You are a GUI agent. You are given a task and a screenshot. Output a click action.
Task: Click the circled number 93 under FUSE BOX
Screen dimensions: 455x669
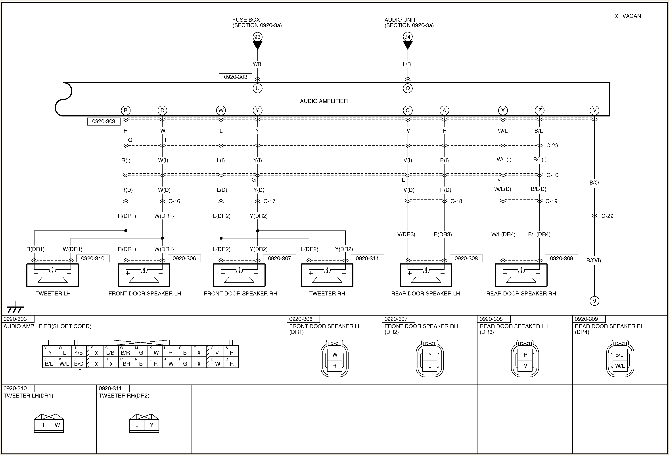click(257, 37)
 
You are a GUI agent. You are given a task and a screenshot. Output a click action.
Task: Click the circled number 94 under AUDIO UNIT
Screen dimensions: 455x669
click(407, 37)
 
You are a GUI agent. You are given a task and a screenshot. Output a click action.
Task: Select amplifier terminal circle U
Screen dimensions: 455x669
click(257, 88)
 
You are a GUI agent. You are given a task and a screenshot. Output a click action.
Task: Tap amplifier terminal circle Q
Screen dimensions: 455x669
click(408, 88)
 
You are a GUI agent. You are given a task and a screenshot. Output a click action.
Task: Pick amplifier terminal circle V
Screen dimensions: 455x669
click(594, 110)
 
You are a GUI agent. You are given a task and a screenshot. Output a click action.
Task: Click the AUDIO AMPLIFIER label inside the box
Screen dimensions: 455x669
click(324, 101)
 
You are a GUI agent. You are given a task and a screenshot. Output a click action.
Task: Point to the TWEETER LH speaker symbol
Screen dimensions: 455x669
click(52, 275)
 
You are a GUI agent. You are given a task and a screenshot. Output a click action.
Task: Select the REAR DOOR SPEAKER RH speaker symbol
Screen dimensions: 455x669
click(521, 275)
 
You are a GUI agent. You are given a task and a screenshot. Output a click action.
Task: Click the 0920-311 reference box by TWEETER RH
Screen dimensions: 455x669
click(367, 258)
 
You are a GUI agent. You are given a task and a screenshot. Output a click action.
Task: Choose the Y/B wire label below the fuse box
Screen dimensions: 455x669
click(257, 64)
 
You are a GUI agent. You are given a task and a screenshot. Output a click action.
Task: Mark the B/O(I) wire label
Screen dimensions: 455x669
click(594, 261)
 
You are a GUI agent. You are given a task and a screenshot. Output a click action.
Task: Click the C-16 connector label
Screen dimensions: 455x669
click(174, 201)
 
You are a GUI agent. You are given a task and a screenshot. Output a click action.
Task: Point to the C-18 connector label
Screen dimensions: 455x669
click(456, 201)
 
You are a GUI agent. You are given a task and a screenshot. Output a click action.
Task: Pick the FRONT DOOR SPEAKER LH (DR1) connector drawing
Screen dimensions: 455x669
click(334, 359)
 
